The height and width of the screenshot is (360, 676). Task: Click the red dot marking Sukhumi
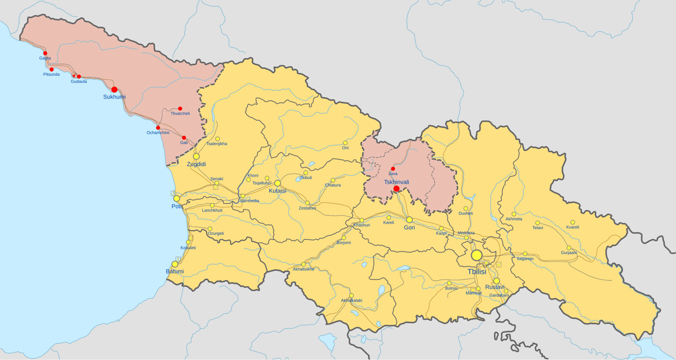pyautogui.click(x=114, y=90)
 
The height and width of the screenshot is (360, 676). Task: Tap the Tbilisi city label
pyautogui.click(x=477, y=272)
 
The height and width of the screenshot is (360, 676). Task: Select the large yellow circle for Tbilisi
pyautogui.click(x=477, y=255)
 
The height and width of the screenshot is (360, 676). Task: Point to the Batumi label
pyautogui.click(x=175, y=271)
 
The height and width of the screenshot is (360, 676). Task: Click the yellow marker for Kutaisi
pyautogui.click(x=278, y=183)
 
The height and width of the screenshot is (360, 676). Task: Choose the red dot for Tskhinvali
pyautogui.click(x=396, y=189)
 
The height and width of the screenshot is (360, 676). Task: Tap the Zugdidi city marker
pyautogui.click(x=196, y=156)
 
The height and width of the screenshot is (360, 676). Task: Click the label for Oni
pyautogui.click(x=345, y=148)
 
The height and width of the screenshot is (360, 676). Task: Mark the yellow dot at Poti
pyautogui.click(x=177, y=199)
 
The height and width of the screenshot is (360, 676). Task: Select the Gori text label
pyautogui.click(x=409, y=228)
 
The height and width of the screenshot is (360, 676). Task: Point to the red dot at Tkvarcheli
pyautogui.click(x=180, y=108)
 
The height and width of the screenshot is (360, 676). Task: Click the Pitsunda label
pyautogui.click(x=51, y=75)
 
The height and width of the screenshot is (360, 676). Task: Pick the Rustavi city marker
pyautogui.click(x=496, y=281)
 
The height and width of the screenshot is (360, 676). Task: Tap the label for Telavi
pyautogui.click(x=537, y=228)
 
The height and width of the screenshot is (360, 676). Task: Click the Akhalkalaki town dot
pyautogui.click(x=351, y=296)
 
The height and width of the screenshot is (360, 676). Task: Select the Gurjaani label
pyautogui.click(x=569, y=253)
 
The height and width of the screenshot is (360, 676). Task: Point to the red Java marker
pyautogui.click(x=393, y=169)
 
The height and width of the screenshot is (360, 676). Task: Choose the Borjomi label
pyautogui.click(x=343, y=243)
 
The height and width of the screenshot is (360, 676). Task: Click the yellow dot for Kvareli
pyautogui.click(x=573, y=222)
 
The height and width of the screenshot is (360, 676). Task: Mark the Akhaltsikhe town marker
pyautogui.click(x=304, y=264)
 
